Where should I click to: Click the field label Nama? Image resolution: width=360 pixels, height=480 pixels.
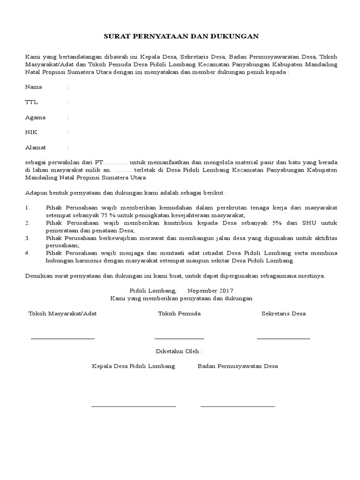pyautogui.click(x=33, y=87)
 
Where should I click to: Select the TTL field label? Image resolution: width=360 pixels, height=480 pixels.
pyautogui.click(x=31, y=102)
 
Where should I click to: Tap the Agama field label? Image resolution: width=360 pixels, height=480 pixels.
pyautogui.click(x=35, y=117)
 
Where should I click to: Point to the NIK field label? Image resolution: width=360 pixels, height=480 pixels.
pyautogui.click(x=30, y=132)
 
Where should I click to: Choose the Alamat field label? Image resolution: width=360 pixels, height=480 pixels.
pyautogui.click(x=36, y=148)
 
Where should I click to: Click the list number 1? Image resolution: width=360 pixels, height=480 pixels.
pyautogui.click(x=28, y=207)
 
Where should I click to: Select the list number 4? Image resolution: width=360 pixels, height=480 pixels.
pyautogui.click(x=28, y=253)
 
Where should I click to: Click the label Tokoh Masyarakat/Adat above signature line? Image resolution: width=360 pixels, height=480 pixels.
pyautogui.click(x=63, y=314)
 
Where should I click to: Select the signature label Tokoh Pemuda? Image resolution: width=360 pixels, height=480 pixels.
pyautogui.click(x=180, y=314)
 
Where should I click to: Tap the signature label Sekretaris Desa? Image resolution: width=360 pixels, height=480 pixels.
pyautogui.click(x=284, y=314)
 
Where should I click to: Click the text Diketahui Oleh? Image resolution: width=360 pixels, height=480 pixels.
pyautogui.click(x=180, y=351)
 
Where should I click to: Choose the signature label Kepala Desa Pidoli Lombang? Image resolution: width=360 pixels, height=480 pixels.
pyautogui.click(x=134, y=366)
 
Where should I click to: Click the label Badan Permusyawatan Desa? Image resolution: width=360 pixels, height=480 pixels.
pyautogui.click(x=238, y=366)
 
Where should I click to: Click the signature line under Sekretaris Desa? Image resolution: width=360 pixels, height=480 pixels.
pyautogui.click(x=284, y=338)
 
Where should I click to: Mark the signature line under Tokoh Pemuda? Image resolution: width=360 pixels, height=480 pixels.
pyautogui.click(x=180, y=338)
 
